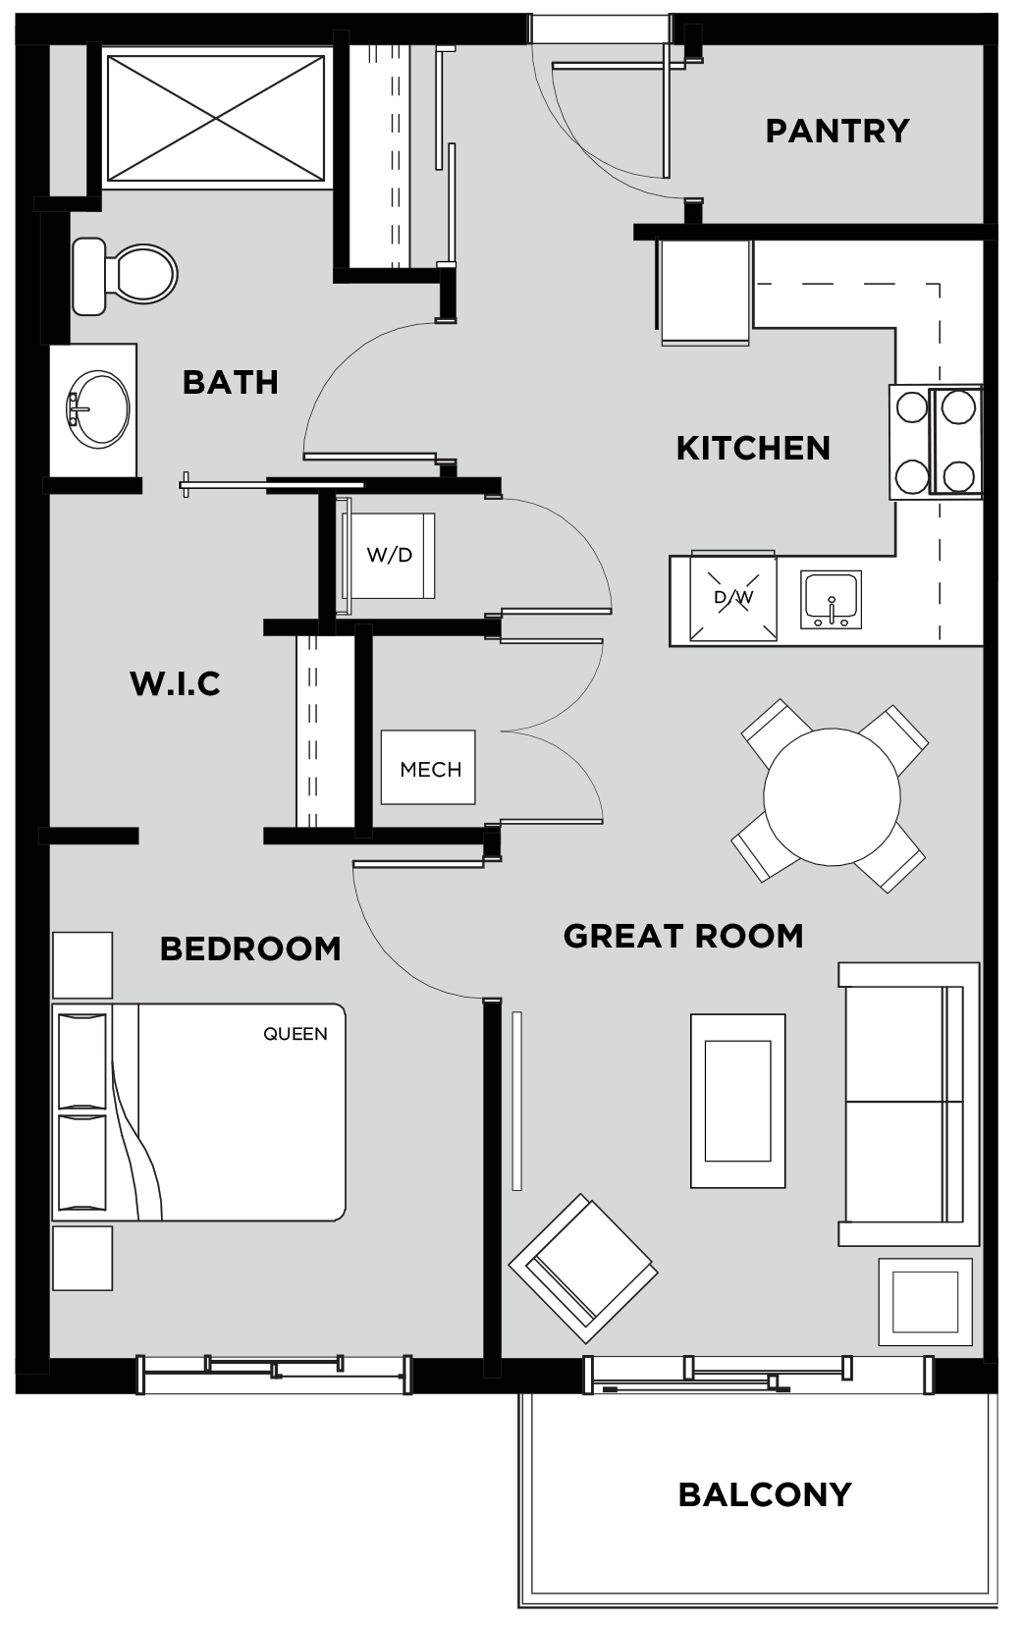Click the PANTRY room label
(837, 132)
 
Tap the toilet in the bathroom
(125, 276)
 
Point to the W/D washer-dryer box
(390, 556)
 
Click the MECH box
(429, 768)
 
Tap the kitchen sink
(832, 599)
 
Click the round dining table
(832, 796)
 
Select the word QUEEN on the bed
(296, 1034)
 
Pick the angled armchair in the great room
(583, 1269)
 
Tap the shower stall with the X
(215, 118)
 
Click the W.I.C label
(176, 683)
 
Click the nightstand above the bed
(82, 965)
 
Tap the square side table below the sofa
(926, 1302)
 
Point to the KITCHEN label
(753, 449)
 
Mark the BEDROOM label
(250, 948)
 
